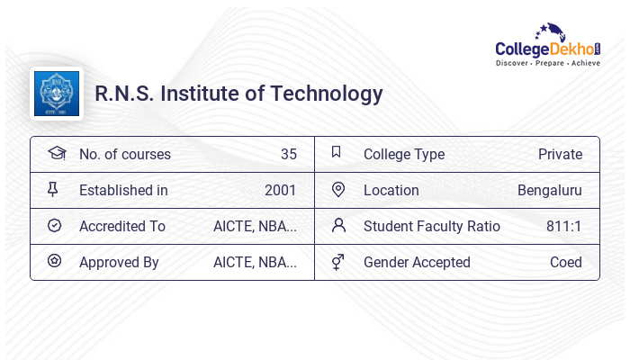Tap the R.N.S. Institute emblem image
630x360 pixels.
tap(57, 94)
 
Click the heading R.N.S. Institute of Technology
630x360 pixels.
tap(238, 94)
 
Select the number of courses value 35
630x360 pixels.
tap(288, 154)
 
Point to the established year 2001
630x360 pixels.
tap(280, 190)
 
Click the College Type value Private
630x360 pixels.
tap(560, 154)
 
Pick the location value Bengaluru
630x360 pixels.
tap(549, 190)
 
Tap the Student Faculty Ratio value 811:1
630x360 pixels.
tap(563, 226)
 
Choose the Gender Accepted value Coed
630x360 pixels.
tap(566, 262)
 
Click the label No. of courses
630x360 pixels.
tap(124, 154)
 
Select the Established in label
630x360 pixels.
tap(123, 190)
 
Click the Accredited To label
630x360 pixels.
tap(122, 226)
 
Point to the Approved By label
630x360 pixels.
tap(119, 262)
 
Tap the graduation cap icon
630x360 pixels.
tap(56, 153)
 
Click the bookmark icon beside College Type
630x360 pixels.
tap(337, 152)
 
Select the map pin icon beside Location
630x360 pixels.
tap(338, 189)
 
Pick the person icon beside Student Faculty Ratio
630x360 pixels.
tap(338, 225)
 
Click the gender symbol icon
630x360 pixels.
tap(338, 262)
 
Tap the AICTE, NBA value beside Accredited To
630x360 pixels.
tap(255, 226)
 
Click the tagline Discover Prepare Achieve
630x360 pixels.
tap(548, 64)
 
